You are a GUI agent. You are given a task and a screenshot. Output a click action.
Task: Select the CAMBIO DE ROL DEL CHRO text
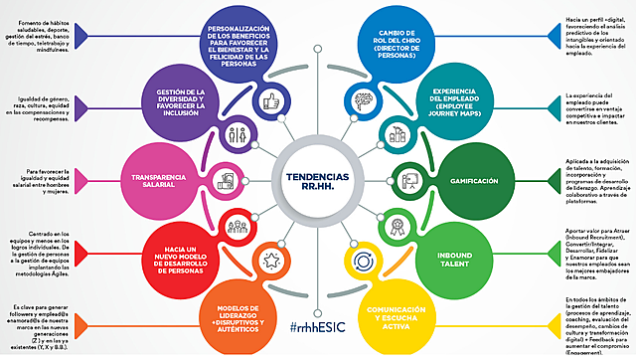[x=397, y=41]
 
